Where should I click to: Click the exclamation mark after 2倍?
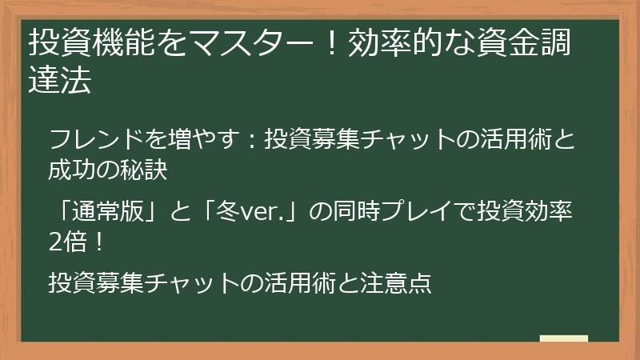coord(98,241)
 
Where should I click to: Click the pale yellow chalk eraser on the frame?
coord(563,338)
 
